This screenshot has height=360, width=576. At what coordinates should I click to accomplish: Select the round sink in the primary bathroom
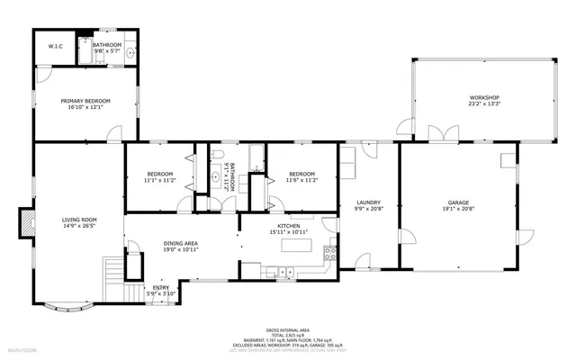tap(130, 53)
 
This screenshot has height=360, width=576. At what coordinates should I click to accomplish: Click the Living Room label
tap(79, 220)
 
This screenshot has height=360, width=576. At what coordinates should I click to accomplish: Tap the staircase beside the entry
tap(112, 270)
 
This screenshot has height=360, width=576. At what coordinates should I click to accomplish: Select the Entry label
tap(160, 287)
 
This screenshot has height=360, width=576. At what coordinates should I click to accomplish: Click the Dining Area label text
tap(181, 243)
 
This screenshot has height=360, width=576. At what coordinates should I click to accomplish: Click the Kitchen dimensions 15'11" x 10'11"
tap(288, 232)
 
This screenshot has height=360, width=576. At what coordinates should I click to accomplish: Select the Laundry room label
tap(368, 202)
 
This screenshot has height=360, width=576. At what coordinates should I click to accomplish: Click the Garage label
tap(459, 202)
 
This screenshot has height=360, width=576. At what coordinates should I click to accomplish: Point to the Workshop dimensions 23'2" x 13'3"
tap(483, 103)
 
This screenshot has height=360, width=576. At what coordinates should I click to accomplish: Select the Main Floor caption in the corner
tap(23, 347)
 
